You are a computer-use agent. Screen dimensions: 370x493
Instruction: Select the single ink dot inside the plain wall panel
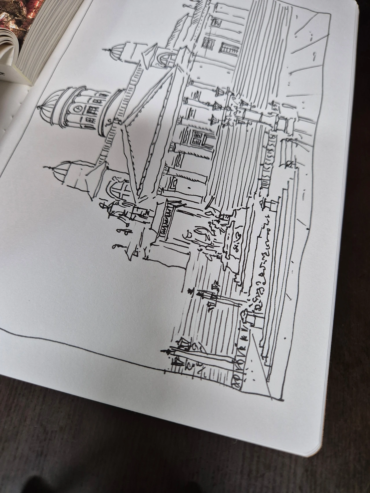[x=189, y=188]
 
